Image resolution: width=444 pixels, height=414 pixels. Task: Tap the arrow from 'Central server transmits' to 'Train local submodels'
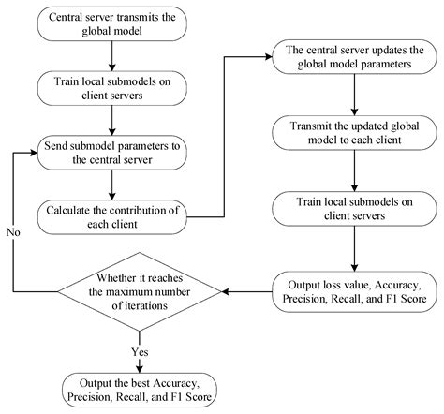[x=111, y=60]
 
